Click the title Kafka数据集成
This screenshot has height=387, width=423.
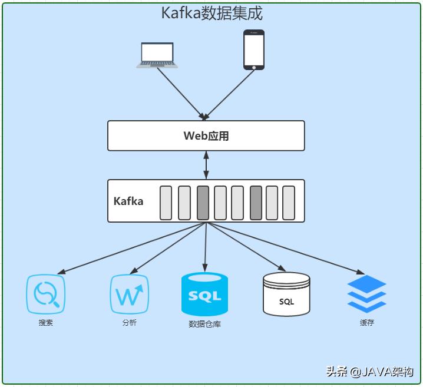pyautogui.click(x=211, y=13)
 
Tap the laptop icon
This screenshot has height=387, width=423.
pyautogui.click(x=157, y=55)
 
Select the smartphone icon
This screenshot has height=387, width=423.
pyautogui.click(x=254, y=50)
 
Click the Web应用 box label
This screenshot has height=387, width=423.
pyautogui.click(x=206, y=136)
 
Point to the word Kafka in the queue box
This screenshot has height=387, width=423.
pyautogui.click(x=128, y=201)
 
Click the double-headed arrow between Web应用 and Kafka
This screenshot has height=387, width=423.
pyautogui.click(x=206, y=166)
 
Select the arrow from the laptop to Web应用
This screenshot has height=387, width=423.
pyautogui.click(x=180, y=91)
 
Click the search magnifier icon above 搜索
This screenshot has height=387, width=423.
pyautogui.click(x=45, y=294)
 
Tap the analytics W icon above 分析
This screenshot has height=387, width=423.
pyautogui.click(x=130, y=294)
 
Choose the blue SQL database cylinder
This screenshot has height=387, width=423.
pyautogui.click(x=204, y=294)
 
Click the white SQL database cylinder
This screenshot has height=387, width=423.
pyautogui.click(x=286, y=294)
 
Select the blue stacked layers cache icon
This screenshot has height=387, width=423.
pyautogui.click(x=366, y=294)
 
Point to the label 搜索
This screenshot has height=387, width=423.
pyautogui.click(x=45, y=323)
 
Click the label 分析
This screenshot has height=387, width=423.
pyautogui.click(x=130, y=323)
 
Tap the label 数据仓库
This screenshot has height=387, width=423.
pyautogui.click(x=204, y=324)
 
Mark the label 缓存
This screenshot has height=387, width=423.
pyautogui.click(x=366, y=323)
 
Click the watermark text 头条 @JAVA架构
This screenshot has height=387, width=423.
pyautogui.click(x=369, y=372)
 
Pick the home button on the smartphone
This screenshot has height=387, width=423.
pyautogui.click(x=254, y=67)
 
